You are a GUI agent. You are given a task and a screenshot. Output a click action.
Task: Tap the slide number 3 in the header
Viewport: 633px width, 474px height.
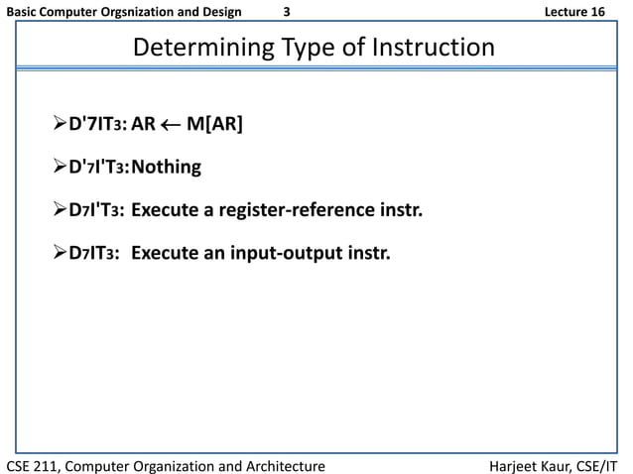[287, 12]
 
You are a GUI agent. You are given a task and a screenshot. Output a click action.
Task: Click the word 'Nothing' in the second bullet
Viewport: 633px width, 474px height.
[166, 168]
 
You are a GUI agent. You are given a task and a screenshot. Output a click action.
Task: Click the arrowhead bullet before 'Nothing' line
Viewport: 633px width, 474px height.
[60, 168]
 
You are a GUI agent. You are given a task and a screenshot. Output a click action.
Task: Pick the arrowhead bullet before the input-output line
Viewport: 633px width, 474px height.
[60, 253]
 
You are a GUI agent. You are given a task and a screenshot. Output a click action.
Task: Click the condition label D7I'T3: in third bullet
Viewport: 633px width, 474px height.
[96, 210]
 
